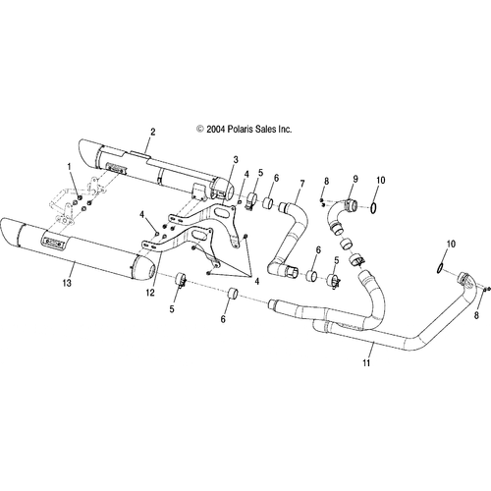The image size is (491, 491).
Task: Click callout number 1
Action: point(69,167)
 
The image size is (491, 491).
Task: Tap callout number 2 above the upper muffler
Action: point(153,133)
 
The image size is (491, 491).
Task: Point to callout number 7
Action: point(301,184)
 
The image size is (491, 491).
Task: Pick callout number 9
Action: point(355,179)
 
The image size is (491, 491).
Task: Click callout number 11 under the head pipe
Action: point(366,362)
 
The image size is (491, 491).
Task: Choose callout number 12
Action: point(150,293)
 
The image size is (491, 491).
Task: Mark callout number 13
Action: point(67,283)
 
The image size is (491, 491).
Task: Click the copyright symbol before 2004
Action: point(200,130)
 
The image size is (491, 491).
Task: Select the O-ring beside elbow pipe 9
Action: point(373,208)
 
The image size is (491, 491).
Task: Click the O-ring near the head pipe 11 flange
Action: point(440,268)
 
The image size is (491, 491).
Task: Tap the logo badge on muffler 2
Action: point(117,168)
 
